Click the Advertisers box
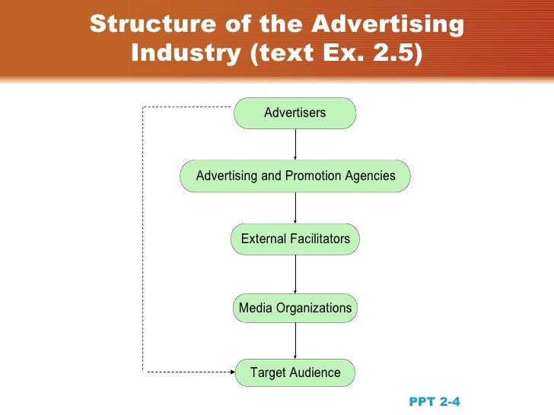point(295,113)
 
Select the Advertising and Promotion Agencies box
point(295,176)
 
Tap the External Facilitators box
point(295,239)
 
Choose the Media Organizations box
point(295,308)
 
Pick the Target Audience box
point(295,372)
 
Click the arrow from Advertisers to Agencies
point(295,144)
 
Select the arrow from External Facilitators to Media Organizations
point(295,274)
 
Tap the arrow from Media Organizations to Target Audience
point(295,340)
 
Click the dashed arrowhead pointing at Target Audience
point(230,372)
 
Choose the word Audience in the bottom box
point(315,372)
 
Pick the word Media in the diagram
point(254,308)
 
